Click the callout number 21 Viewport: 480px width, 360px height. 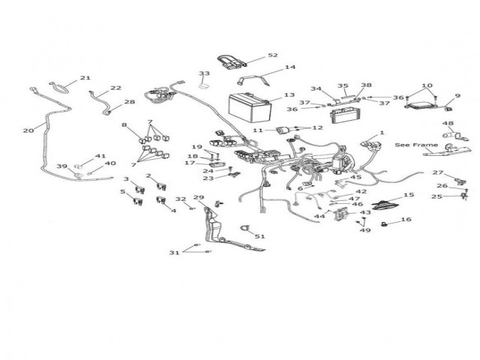coord(85,78)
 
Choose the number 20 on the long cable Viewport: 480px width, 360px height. coord(28,130)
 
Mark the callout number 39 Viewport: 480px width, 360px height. coord(63,166)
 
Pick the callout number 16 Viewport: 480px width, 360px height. coord(406,220)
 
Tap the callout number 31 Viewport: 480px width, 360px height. coord(174,253)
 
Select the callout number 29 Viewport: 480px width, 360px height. coord(198,197)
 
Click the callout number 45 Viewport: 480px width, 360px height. coord(356,178)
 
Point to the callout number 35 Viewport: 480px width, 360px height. coord(343,86)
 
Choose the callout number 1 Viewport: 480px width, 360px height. coord(382,133)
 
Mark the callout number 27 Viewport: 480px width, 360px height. coord(438,173)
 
